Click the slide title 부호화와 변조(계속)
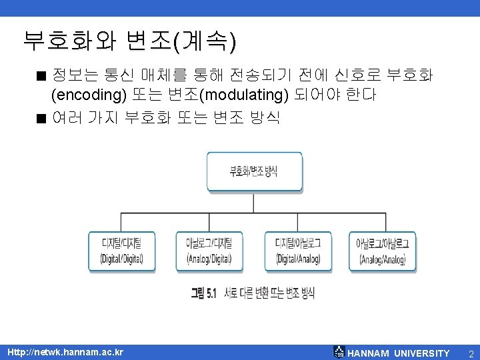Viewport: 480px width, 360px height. coord(129,41)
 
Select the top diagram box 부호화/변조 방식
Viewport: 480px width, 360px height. coord(254,171)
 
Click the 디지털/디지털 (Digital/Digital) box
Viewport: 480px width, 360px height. coord(121,250)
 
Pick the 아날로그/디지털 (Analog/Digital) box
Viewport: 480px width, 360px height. coord(209,250)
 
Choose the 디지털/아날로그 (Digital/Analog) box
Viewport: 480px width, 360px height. coord(298,250)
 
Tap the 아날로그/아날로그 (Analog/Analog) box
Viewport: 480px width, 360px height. coord(384,250)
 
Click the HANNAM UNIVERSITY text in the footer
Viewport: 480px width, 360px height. coord(399,353)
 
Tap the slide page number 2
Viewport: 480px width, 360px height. coord(470,353)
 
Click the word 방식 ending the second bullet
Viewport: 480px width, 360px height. coord(265,119)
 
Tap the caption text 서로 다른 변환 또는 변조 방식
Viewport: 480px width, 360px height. coord(269,293)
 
